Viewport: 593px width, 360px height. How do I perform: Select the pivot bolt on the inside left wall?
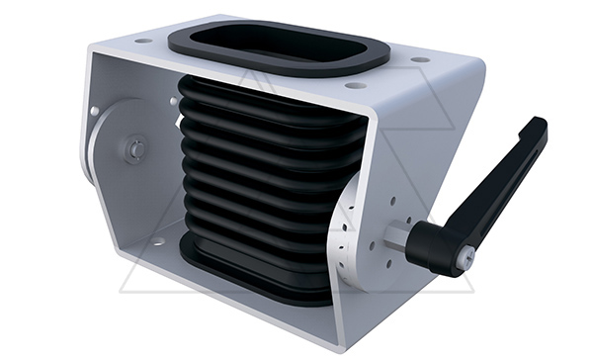point(134,149)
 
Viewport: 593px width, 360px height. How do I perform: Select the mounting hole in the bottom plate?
point(157,242)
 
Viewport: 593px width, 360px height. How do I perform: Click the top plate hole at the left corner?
point(144,41)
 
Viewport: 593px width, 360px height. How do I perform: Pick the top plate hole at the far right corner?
point(421,59)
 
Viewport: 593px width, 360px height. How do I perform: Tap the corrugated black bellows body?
point(257,168)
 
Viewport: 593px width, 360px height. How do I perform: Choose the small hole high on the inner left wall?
point(95,111)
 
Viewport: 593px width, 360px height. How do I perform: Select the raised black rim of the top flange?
point(198,45)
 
